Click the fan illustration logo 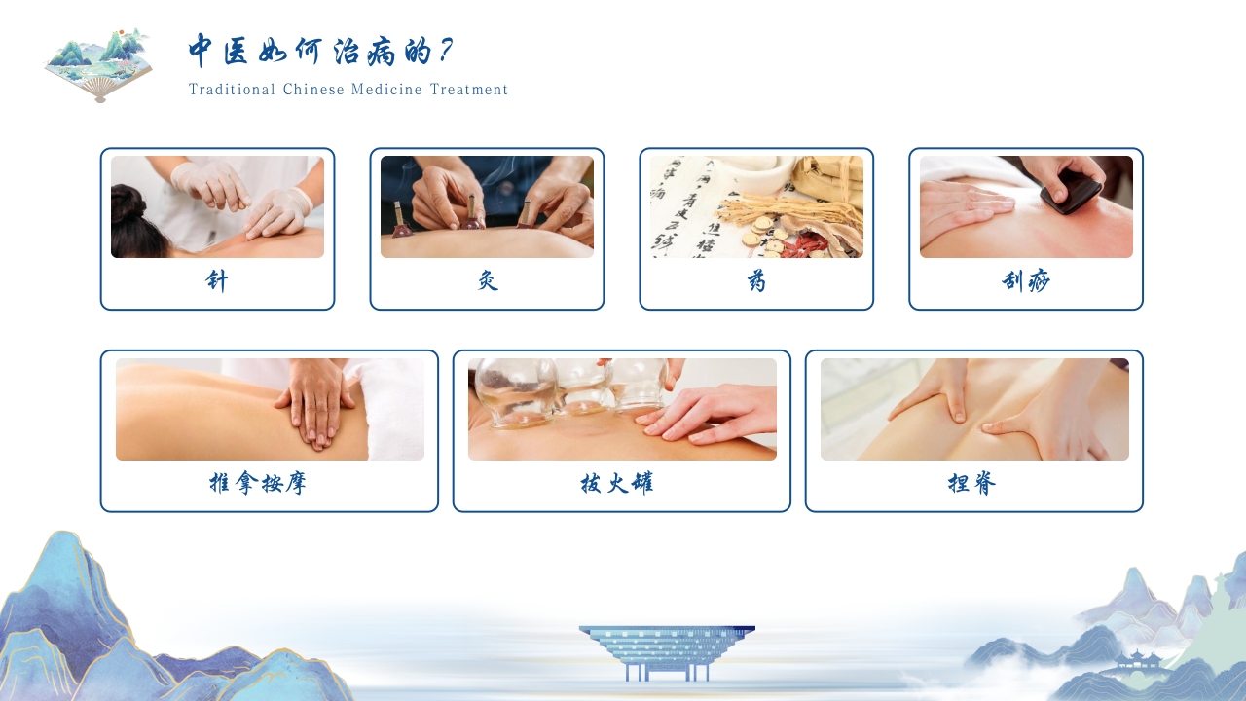point(98,65)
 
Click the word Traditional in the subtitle point(232,90)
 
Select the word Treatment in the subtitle point(469,90)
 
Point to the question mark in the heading point(445,50)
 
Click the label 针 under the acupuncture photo point(217,281)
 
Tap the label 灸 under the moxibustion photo point(488,281)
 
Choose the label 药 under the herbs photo point(756,281)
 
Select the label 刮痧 point(1026,281)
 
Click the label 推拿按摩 point(258,483)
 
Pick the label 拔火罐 point(617,483)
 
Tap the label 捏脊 point(971,483)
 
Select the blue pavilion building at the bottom point(667,652)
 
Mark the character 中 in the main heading point(202,50)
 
